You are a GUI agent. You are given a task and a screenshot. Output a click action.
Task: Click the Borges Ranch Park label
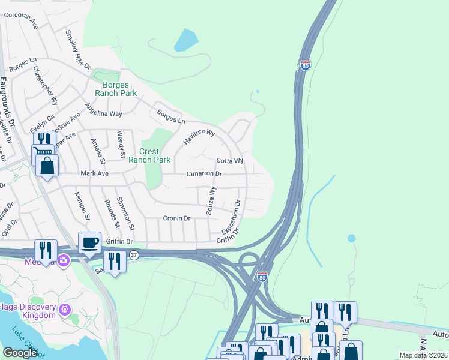(x=116, y=89)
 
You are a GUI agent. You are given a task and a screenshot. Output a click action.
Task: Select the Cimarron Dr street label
(x=204, y=173)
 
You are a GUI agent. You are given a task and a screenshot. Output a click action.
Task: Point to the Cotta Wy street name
(x=229, y=161)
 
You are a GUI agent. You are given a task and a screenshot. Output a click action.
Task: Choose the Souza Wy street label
(x=211, y=199)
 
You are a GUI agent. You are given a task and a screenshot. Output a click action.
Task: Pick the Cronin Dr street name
(x=176, y=218)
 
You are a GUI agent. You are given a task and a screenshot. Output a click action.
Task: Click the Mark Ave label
(x=94, y=173)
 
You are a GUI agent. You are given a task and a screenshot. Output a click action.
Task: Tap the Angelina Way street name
(x=103, y=108)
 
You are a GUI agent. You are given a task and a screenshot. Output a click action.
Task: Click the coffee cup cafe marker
(x=89, y=243)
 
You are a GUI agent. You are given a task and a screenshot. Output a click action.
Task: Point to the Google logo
(x=20, y=353)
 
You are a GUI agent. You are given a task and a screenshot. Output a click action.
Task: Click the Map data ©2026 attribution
(x=423, y=355)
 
